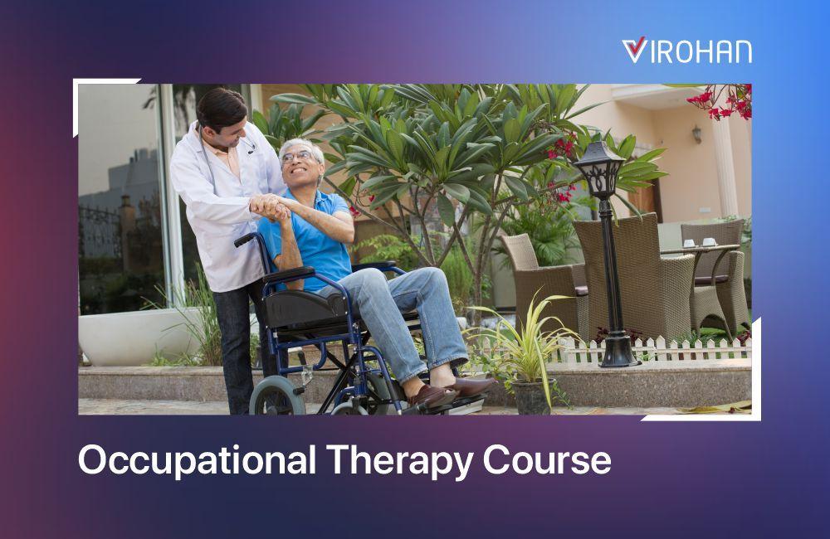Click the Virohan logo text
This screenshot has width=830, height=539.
686,51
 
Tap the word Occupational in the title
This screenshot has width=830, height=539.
197,460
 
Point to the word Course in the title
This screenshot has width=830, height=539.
547,460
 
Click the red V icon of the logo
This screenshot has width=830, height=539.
633,50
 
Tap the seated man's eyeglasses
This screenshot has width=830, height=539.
297,157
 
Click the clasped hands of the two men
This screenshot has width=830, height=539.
270,206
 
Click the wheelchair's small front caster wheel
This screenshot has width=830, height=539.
277,396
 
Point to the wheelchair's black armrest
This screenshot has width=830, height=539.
289,274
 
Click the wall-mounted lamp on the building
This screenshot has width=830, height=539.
696,134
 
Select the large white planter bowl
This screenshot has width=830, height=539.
139,336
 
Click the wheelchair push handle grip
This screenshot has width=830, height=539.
245,240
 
